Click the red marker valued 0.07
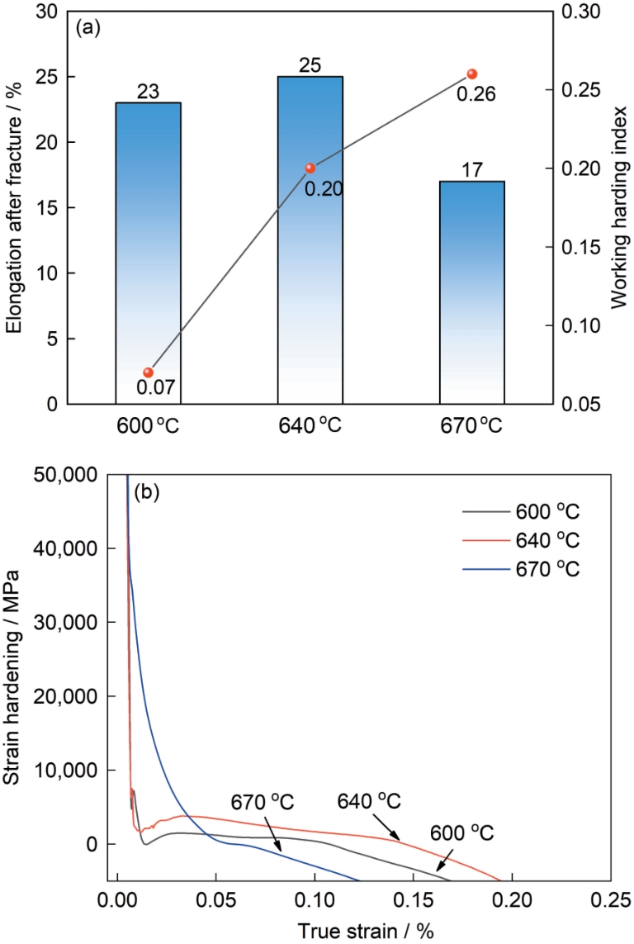tap(149, 372)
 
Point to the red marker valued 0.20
tap(310, 168)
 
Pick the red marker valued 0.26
tap(472, 74)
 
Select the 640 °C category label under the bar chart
tap(310, 429)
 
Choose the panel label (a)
tap(88, 27)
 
